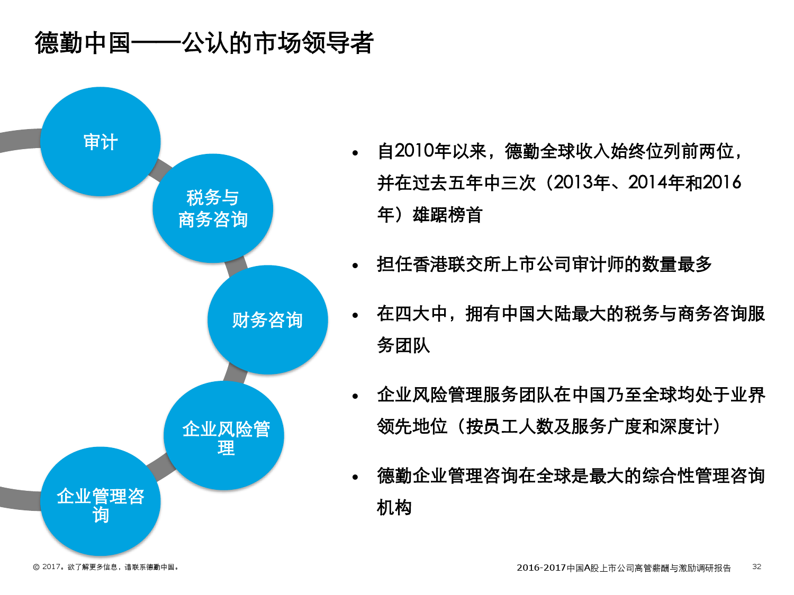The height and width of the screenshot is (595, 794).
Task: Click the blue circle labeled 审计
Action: click(x=100, y=141)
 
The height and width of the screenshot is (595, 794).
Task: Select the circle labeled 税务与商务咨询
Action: click(x=213, y=208)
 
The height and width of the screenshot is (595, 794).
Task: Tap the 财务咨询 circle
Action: click(x=268, y=320)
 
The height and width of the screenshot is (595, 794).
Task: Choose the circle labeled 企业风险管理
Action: click(x=224, y=435)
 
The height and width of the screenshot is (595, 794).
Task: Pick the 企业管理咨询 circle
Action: click(x=100, y=501)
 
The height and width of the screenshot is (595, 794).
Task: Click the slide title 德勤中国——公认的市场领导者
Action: click(x=204, y=43)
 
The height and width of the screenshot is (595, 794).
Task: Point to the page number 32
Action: click(x=756, y=566)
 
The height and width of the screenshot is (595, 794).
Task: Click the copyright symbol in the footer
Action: click(x=36, y=567)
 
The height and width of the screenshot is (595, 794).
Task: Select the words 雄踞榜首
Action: click(x=447, y=215)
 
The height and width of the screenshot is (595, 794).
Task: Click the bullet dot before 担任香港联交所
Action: click(x=355, y=266)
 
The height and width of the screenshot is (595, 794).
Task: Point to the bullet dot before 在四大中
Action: click(x=355, y=315)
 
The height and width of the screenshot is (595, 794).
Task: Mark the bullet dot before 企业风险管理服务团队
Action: click(x=355, y=396)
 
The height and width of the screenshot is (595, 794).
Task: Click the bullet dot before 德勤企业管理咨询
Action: click(x=355, y=477)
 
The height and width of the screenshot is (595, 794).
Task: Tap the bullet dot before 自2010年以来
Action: click(x=355, y=153)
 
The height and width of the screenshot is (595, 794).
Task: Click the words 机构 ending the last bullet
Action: click(x=394, y=508)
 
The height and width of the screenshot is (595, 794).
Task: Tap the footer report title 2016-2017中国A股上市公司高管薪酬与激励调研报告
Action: click(x=624, y=567)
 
